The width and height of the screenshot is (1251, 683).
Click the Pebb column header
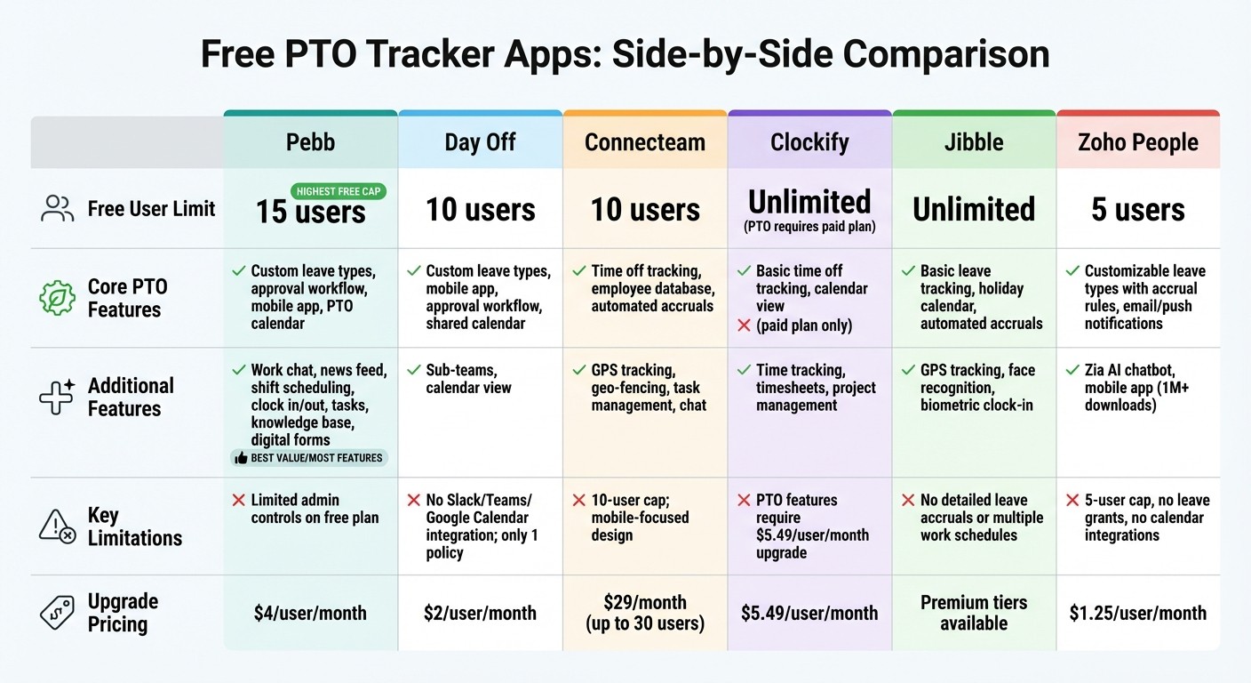pyautogui.click(x=310, y=142)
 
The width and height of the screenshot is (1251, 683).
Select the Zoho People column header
pyautogui.click(x=1138, y=142)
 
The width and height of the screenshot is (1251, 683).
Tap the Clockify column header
pyautogui.click(x=809, y=142)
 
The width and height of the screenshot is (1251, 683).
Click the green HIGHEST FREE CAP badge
pyautogui.click(x=339, y=191)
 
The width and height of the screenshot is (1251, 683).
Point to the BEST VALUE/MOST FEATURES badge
pyautogui.click(x=309, y=458)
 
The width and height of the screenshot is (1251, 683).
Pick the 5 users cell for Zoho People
pyautogui.click(x=1138, y=210)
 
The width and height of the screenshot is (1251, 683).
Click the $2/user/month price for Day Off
pyautogui.click(x=480, y=613)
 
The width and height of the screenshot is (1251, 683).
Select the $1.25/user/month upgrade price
pyautogui.click(x=1138, y=613)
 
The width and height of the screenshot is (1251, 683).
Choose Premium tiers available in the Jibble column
pyautogui.click(x=974, y=612)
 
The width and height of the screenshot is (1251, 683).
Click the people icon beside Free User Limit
pyautogui.click(x=58, y=209)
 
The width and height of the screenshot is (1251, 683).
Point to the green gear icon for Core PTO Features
pyautogui.click(x=58, y=298)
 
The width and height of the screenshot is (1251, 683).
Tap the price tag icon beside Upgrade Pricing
pyautogui.click(x=58, y=612)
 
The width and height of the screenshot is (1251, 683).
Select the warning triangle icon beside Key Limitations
pyautogui.click(x=58, y=526)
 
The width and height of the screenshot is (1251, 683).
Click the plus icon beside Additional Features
pyautogui.click(x=58, y=398)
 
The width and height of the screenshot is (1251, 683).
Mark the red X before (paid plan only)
pyautogui.click(x=743, y=325)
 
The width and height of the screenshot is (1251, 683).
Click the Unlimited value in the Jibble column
pyautogui.click(x=974, y=210)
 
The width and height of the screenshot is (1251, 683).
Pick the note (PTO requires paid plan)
pyautogui.click(x=809, y=227)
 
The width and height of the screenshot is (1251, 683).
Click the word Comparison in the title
pyautogui.click(x=945, y=54)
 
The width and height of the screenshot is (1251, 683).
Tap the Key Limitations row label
pyautogui.click(x=134, y=526)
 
